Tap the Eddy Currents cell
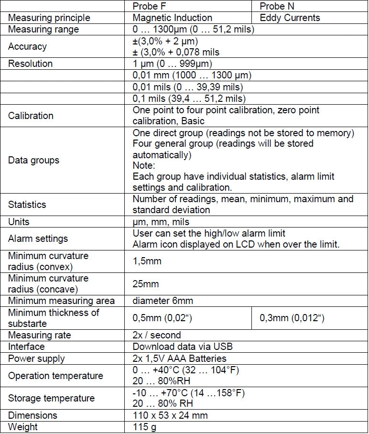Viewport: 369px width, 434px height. coord(290,18)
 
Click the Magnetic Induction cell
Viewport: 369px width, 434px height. coord(172,18)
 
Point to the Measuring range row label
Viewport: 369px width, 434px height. coord(43,29)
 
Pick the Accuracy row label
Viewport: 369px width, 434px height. coord(27,46)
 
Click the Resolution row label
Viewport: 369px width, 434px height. coord(30,64)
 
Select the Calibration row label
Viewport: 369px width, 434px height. coord(31,116)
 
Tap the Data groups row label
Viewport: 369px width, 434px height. coord(33,160)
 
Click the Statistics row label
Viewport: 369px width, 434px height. coord(27,205)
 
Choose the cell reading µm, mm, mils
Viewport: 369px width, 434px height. coord(161,222)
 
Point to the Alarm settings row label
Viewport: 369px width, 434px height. coord(38,239)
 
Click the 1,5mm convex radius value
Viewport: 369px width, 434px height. coord(147,261)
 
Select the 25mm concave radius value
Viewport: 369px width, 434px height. coord(145,283)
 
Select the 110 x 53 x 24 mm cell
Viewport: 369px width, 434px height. coord(170,415)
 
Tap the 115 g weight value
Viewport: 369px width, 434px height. coord(143,426)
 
